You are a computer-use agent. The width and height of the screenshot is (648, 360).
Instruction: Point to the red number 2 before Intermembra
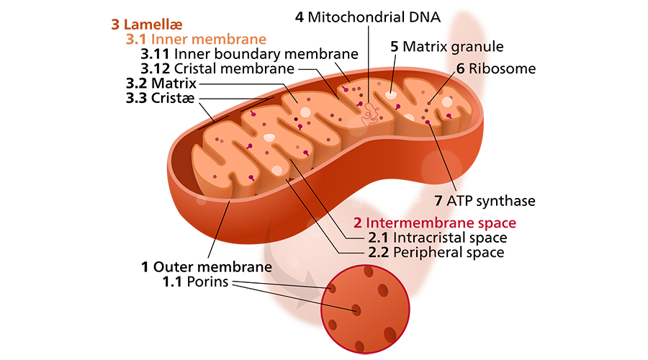(357, 222)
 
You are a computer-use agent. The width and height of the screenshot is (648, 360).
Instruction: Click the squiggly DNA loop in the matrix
(372, 112)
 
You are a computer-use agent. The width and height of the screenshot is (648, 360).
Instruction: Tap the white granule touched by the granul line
(390, 94)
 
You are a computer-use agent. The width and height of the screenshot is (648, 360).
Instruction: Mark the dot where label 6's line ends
(430, 103)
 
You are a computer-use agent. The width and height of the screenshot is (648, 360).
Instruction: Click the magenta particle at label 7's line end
(428, 123)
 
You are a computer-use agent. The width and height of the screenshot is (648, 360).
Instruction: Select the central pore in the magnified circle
(356, 310)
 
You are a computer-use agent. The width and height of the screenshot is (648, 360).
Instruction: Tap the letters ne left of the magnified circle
(264, 267)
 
